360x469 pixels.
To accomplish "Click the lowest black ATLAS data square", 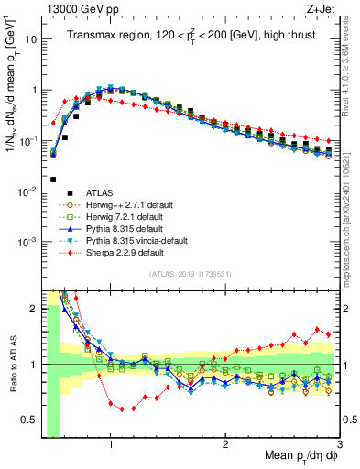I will [x=53, y=180].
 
